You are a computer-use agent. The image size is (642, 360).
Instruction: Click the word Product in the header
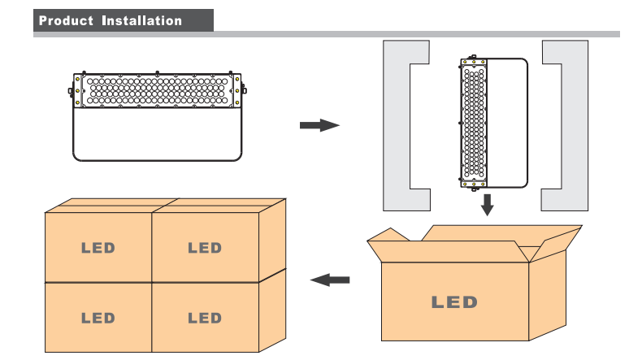coord(66,20)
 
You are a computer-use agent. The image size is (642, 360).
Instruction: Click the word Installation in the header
coord(141,20)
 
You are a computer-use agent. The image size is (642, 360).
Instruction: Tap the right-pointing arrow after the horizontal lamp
coord(319,125)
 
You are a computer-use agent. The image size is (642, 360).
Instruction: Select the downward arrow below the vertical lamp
coord(487,204)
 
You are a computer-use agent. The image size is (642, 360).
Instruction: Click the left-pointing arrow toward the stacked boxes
coord(331,280)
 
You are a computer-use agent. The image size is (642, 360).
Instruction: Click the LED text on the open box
coord(454,302)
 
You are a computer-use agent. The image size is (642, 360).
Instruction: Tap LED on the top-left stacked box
coord(98,248)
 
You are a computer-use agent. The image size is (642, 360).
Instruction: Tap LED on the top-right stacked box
coord(204,248)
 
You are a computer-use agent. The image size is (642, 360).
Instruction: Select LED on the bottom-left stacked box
coord(98,317)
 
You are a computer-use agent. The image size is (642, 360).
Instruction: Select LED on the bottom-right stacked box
coord(204,317)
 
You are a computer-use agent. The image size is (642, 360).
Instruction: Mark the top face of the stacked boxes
coord(163,206)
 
